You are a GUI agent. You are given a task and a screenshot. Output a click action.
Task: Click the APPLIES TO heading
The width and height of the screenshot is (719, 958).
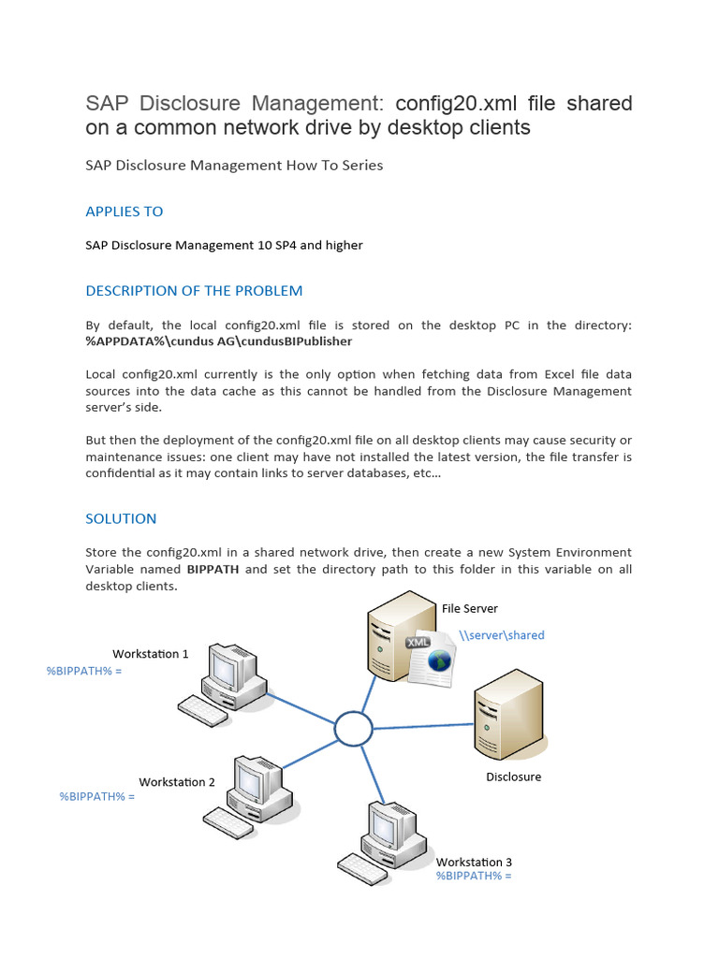pos(125,211)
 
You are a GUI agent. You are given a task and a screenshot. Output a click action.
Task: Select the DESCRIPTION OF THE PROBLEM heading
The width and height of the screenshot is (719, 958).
pos(194,291)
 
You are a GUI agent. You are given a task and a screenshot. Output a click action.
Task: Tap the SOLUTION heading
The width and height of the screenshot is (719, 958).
pos(121,518)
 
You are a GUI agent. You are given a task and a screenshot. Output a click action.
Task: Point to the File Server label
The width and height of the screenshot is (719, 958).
pos(470,608)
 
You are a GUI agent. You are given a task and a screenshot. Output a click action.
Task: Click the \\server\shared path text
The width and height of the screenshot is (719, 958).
pos(502,635)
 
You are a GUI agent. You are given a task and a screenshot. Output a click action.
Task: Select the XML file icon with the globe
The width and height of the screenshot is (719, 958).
pos(430,658)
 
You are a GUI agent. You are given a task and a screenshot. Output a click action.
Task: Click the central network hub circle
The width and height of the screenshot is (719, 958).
pos(353,728)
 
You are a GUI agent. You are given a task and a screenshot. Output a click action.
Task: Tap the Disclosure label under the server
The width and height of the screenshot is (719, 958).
pos(514,777)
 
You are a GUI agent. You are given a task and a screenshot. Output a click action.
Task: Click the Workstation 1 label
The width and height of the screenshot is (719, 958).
pos(151,654)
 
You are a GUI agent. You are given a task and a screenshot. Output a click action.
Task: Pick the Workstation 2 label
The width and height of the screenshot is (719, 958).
pos(177,782)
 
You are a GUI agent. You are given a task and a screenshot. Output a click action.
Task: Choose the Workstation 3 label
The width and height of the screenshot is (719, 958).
pos(474,862)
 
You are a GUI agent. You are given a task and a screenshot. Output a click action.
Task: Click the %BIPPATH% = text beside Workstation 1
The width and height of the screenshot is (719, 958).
pos(83,671)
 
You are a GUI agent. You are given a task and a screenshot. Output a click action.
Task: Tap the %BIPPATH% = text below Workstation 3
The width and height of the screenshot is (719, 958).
pos(474,876)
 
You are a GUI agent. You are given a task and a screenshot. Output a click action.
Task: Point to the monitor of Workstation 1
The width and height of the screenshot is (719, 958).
pos(228,666)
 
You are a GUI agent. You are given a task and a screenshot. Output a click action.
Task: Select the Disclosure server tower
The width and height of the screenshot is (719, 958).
pos(509,714)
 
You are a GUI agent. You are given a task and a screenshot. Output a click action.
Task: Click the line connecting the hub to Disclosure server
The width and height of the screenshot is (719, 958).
pos(423,726)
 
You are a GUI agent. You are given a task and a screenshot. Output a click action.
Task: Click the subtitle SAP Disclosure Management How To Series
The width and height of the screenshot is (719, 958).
pos(234,166)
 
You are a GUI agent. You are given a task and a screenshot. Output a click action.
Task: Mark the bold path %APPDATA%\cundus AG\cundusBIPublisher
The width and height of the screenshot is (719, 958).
pos(219,341)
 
